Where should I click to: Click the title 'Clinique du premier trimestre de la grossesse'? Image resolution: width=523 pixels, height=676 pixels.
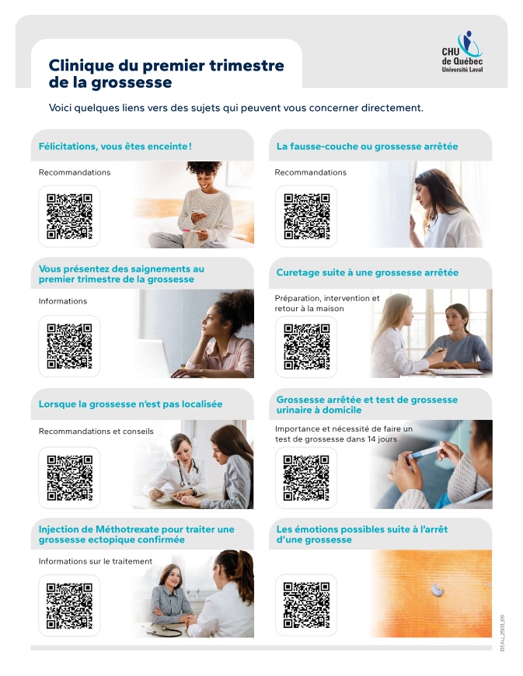(x=166, y=74)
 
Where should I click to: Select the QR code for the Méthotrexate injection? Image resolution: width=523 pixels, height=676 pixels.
(x=69, y=605)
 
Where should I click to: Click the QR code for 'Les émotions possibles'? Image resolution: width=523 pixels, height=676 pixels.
(x=306, y=605)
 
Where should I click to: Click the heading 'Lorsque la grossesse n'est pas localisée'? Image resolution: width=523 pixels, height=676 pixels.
(x=131, y=404)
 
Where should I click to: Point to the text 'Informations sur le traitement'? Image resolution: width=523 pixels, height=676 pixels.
(x=96, y=561)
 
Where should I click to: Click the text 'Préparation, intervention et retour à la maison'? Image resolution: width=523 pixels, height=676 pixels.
(x=327, y=303)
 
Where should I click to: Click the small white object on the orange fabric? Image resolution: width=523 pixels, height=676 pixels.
(x=438, y=590)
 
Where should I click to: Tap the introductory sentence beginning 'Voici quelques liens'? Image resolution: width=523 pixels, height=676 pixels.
(x=235, y=108)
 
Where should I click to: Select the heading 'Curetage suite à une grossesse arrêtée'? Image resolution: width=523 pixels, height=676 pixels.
(x=367, y=272)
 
